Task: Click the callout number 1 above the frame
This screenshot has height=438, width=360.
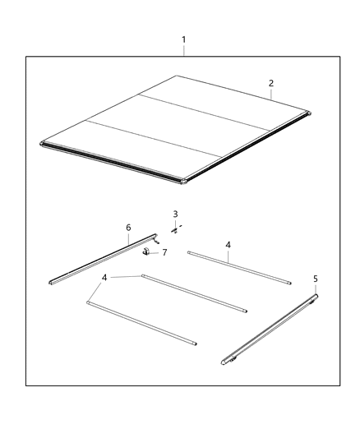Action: click(x=183, y=39)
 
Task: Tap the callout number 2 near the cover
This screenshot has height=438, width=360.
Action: click(x=271, y=83)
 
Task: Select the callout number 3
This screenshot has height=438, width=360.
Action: click(x=175, y=214)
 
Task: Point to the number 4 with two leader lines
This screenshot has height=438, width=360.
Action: click(x=105, y=278)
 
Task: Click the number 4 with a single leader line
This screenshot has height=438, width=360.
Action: click(x=228, y=244)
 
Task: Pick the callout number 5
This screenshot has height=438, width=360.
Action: click(x=316, y=279)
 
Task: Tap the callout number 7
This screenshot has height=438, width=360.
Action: click(x=164, y=252)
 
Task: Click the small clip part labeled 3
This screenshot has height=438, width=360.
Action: click(x=175, y=230)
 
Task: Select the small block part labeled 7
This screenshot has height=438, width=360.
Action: click(x=146, y=251)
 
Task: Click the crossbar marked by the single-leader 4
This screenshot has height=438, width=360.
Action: click(x=238, y=268)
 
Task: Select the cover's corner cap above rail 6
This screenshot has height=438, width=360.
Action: click(x=42, y=145)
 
